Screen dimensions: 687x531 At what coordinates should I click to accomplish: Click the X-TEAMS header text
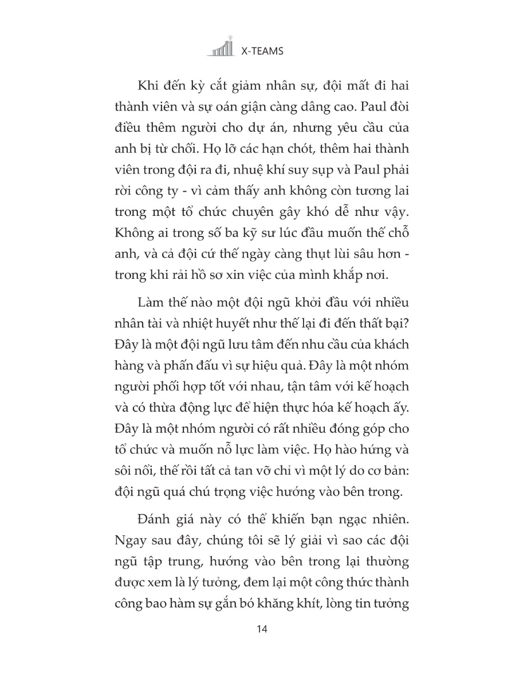click(x=262, y=51)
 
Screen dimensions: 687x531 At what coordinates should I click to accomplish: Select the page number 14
click(x=263, y=629)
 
